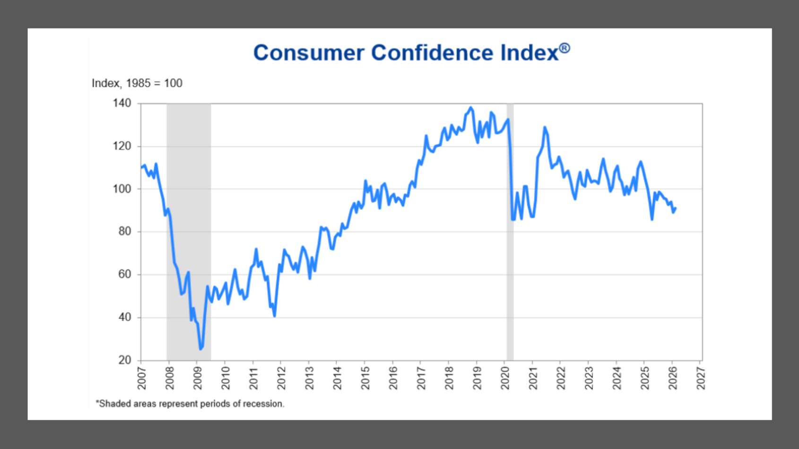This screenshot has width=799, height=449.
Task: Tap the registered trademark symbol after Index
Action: (x=565, y=48)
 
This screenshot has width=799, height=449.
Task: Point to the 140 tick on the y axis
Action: (x=122, y=103)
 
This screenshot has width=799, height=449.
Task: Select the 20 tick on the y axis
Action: (x=125, y=360)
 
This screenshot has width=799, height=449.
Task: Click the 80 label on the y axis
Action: (x=125, y=232)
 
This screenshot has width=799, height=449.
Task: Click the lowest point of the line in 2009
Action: (x=200, y=349)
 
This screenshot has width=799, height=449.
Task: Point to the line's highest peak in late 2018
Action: (x=470, y=108)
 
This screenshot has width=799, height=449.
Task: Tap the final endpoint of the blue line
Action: (x=676, y=208)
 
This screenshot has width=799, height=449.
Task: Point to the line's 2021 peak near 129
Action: (x=545, y=127)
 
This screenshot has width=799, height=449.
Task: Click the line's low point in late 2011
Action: (x=274, y=316)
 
